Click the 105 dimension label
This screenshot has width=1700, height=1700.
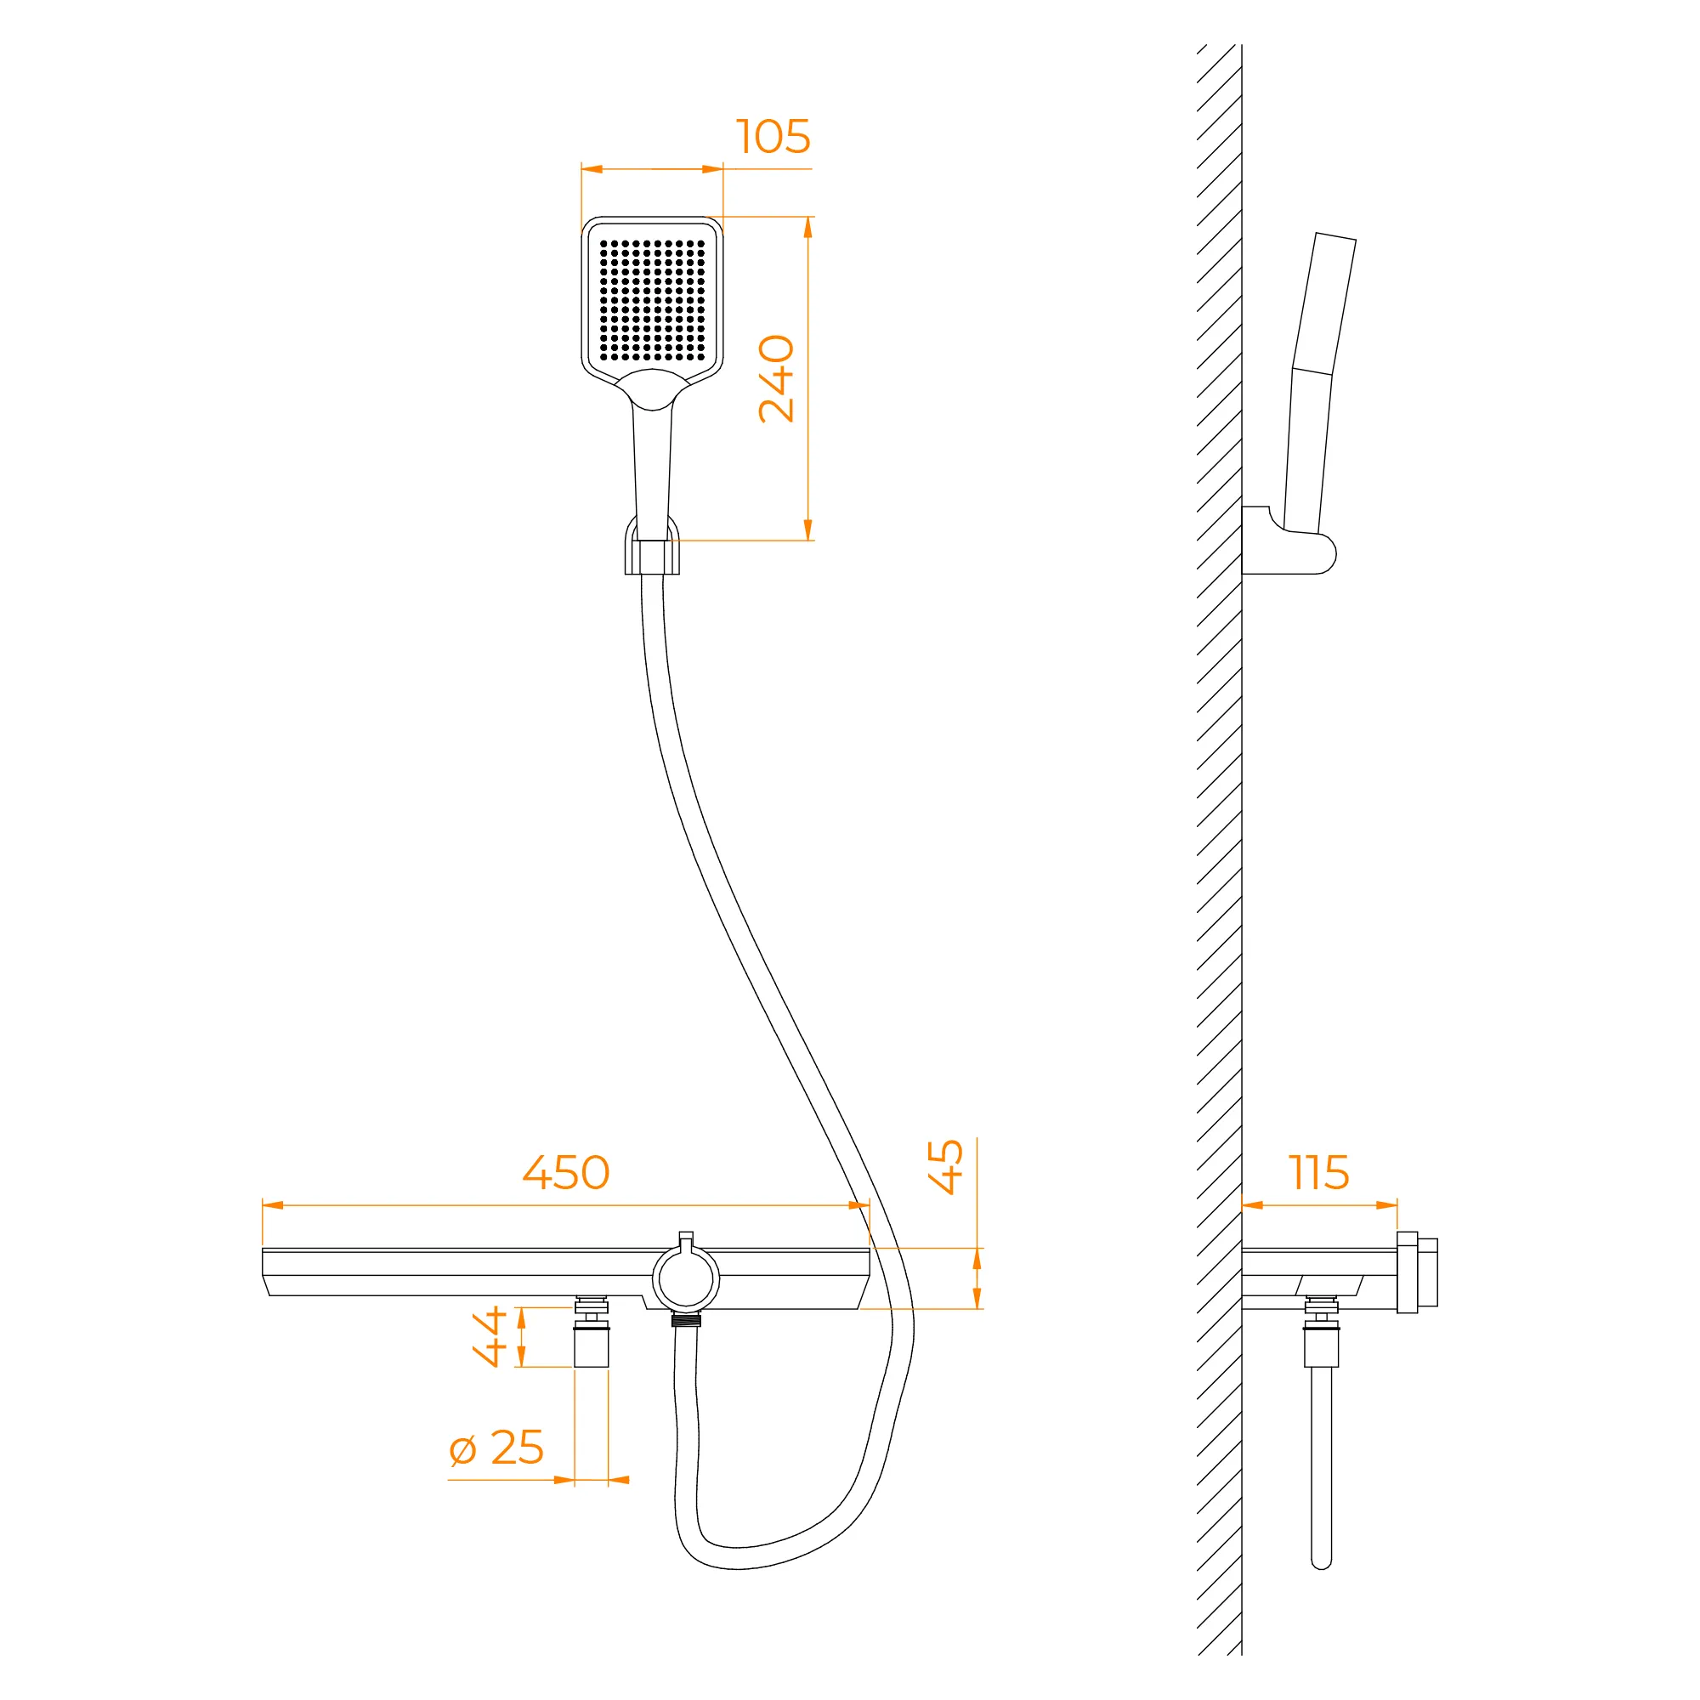[773, 136]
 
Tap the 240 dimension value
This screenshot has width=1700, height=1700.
[776, 378]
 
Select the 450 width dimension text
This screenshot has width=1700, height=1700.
[566, 1172]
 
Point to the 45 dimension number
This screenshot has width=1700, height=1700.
[946, 1167]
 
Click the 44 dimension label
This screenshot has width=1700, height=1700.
[490, 1336]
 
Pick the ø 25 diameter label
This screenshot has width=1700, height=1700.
[496, 1448]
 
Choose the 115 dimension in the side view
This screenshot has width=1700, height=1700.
[1319, 1172]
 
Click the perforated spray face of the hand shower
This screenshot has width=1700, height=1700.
[652, 301]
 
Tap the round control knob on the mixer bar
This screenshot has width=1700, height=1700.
[685, 1278]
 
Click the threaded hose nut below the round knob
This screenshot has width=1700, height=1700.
[685, 1319]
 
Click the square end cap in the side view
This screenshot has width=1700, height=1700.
[1418, 1272]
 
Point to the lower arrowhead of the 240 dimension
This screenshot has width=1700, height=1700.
[807, 530]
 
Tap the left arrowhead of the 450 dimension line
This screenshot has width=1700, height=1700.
[273, 1204]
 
